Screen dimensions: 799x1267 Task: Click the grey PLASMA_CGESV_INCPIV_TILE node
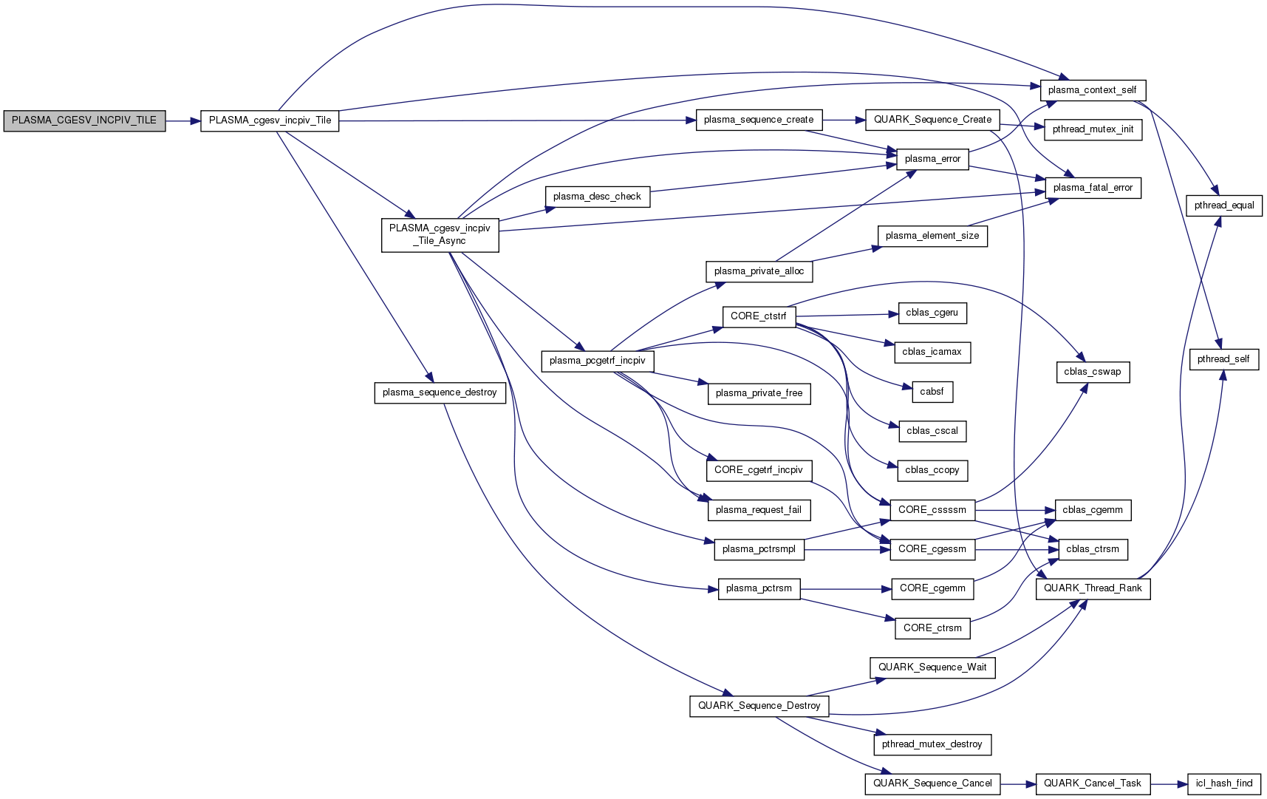coord(84,120)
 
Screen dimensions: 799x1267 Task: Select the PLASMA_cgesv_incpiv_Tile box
coord(270,120)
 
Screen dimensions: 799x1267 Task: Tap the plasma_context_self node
coord(1092,90)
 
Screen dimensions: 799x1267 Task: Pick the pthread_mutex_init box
coord(1093,129)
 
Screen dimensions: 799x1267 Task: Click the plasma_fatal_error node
coord(1093,188)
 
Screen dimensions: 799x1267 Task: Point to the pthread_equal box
coord(1223,205)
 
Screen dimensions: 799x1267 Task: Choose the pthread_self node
coord(1223,359)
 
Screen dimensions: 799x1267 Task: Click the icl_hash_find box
coord(1223,783)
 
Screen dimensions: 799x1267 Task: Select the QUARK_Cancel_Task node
coord(1092,783)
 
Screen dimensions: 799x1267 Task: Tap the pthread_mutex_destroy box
coord(932,744)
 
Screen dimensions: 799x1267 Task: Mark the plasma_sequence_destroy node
coord(440,392)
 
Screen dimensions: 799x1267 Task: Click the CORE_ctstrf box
coord(758,316)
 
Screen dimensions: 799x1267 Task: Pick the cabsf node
coord(932,392)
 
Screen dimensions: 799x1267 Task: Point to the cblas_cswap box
coord(1092,372)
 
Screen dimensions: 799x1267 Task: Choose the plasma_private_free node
coord(759,393)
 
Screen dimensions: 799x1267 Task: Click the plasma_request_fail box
coord(758,510)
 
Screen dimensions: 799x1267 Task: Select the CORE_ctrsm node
coord(932,628)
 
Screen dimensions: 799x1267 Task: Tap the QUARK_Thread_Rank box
coord(1093,588)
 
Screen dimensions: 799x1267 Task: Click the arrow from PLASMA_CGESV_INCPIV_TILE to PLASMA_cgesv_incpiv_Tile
coord(182,120)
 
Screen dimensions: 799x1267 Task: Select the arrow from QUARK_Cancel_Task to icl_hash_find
coord(1169,783)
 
